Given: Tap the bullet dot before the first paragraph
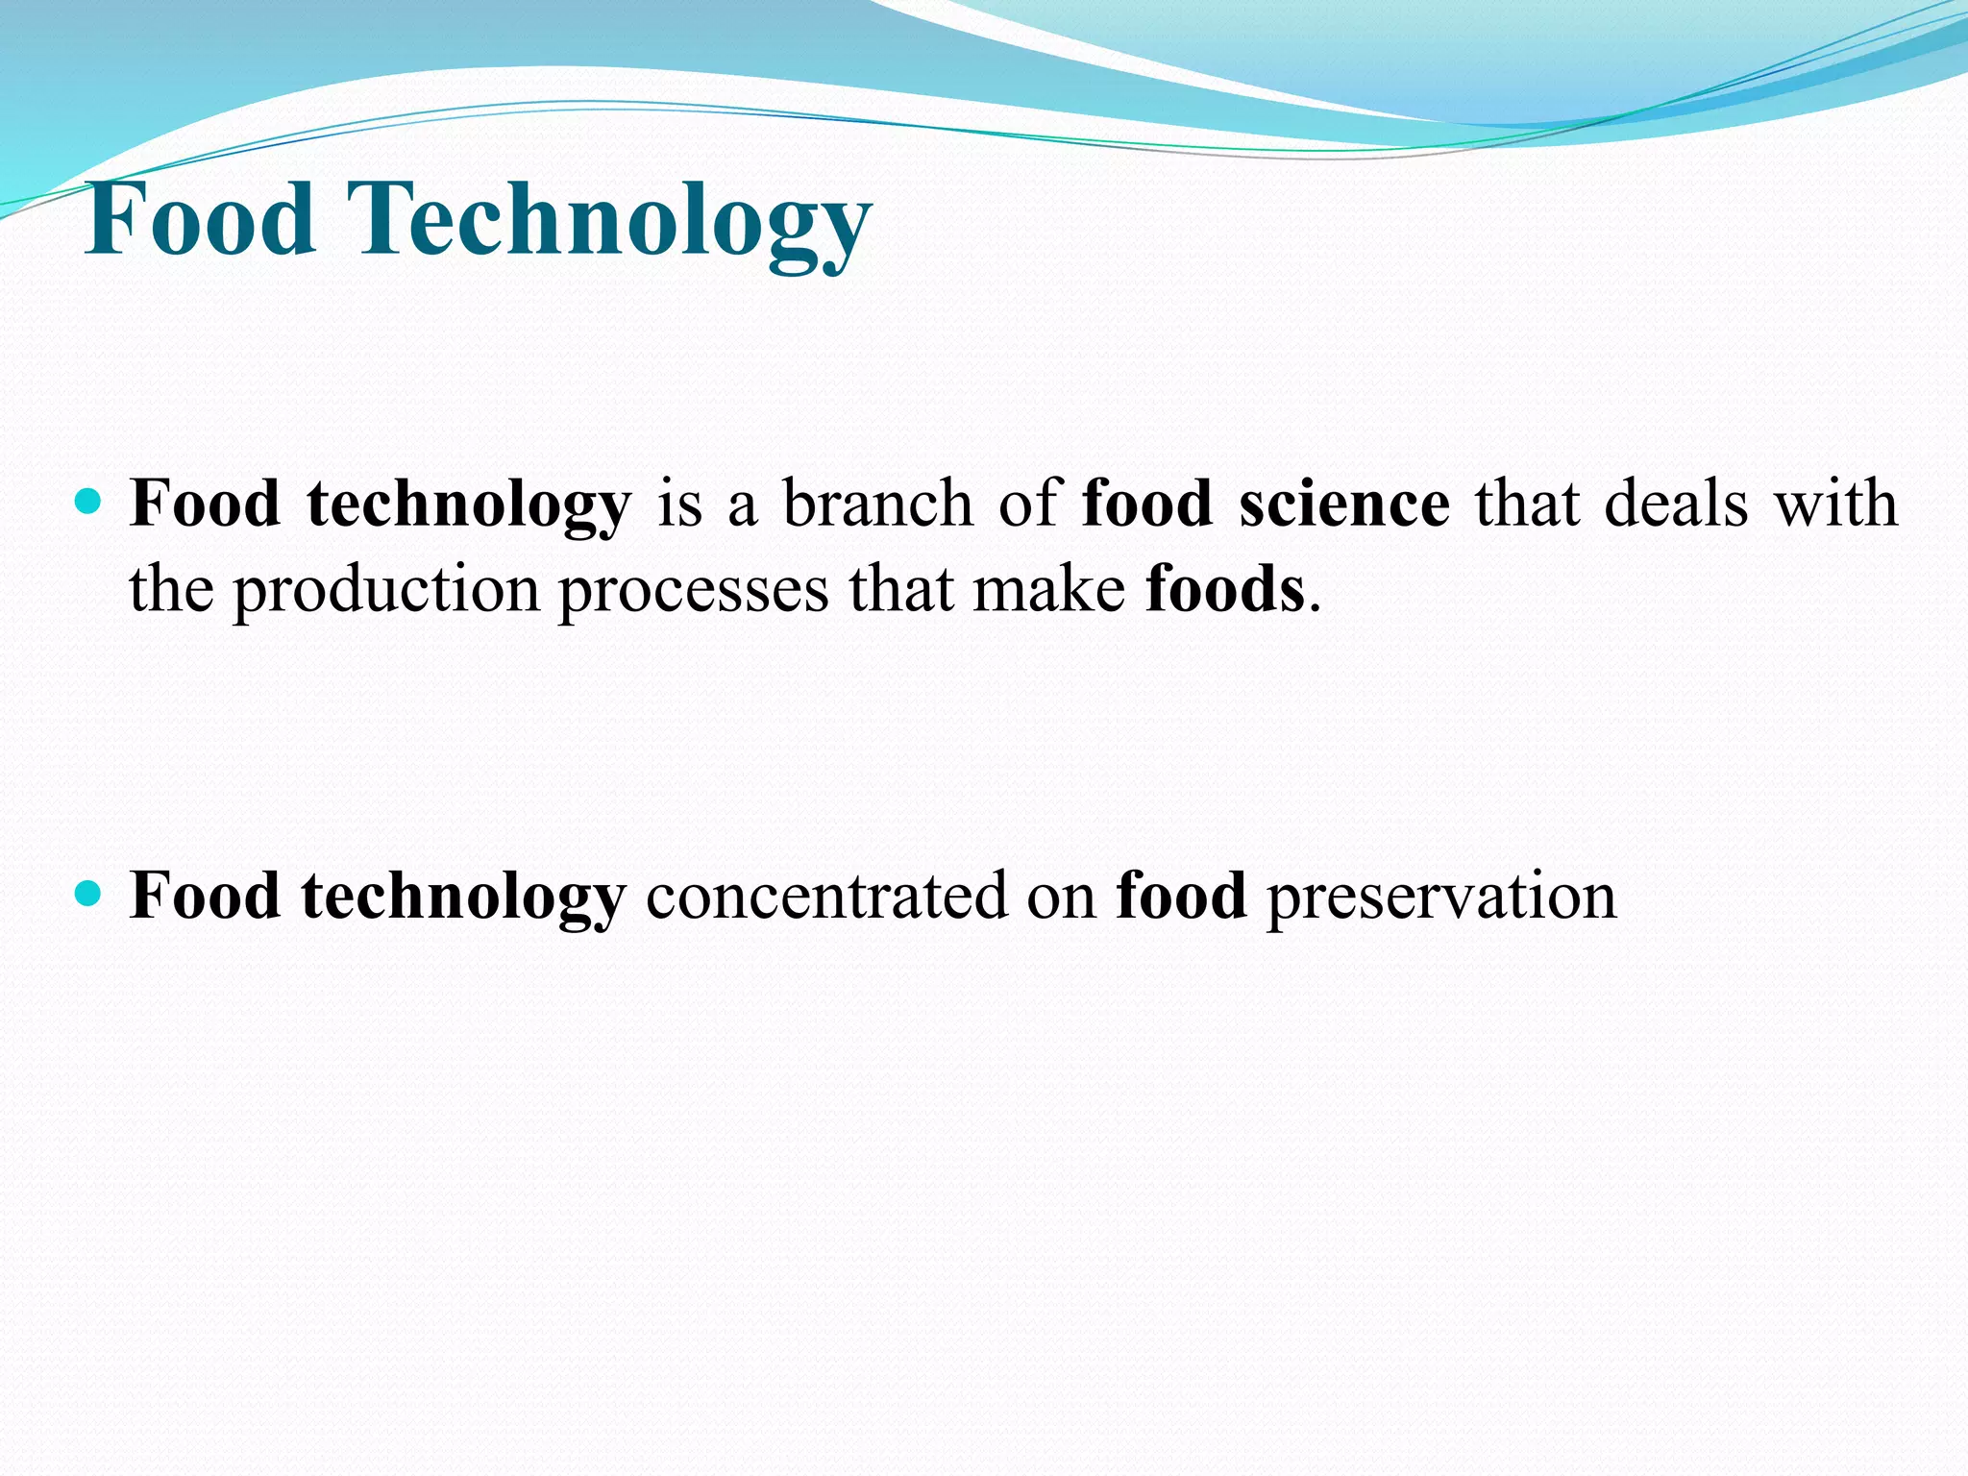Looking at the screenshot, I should click(x=87, y=502).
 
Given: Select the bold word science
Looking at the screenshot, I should click(x=1343, y=504).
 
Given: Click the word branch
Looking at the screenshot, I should click(x=877, y=504).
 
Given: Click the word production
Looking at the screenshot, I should click(x=386, y=591).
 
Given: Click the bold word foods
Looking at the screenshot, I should click(x=1224, y=589).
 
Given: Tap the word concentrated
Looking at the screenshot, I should click(x=826, y=897).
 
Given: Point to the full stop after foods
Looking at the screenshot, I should click(x=1315, y=608).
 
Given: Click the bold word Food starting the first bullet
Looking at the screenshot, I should click(x=205, y=504).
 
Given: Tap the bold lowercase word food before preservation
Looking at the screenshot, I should click(x=1181, y=897).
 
